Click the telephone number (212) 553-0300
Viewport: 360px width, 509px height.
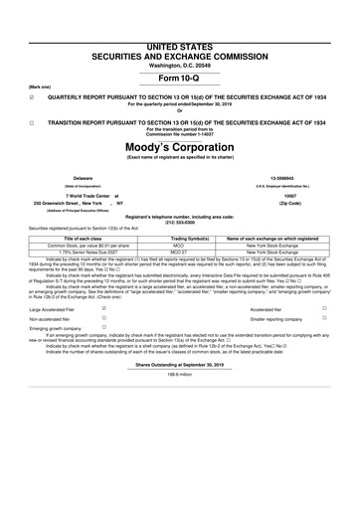(180, 221)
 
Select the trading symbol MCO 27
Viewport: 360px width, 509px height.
(180, 252)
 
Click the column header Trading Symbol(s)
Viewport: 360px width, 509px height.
(180, 239)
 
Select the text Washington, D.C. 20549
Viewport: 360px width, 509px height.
(180, 36)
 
